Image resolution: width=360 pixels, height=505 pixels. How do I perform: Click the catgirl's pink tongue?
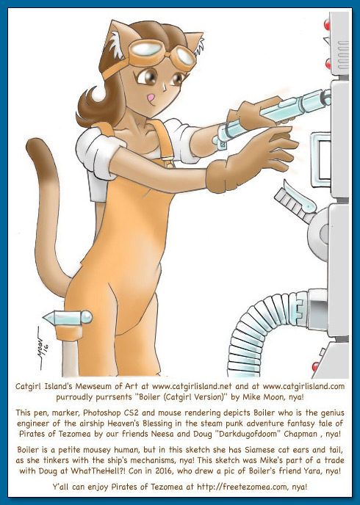(150, 96)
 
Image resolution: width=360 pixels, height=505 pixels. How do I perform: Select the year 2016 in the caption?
(164, 471)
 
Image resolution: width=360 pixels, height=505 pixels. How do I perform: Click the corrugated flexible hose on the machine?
(258, 335)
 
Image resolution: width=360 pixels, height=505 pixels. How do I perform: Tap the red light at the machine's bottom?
(315, 366)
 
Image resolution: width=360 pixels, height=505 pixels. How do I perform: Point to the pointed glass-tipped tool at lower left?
(68, 319)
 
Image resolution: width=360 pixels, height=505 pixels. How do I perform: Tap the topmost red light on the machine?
(327, 23)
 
